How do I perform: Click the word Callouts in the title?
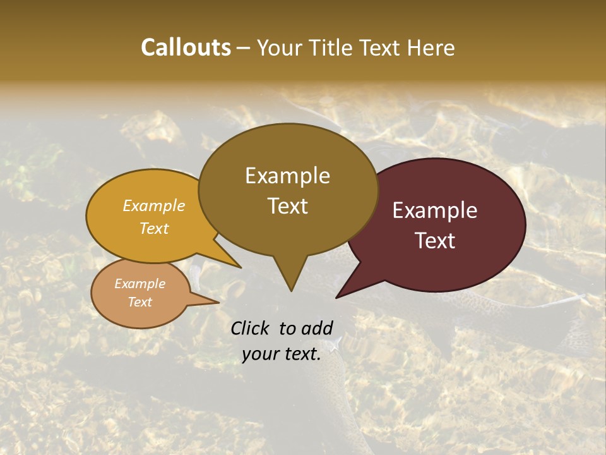(186, 47)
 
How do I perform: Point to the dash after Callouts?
(244, 48)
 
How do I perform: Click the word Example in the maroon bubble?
(435, 210)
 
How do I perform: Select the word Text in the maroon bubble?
(435, 241)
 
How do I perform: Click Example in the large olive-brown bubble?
(287, 176)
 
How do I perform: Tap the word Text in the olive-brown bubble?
(287, 206)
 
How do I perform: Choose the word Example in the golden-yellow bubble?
(154, 205)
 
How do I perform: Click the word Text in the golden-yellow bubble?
(154, 228)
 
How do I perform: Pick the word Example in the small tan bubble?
(140, 284)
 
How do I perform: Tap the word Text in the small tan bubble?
(140, 302)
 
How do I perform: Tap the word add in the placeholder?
(318, 328)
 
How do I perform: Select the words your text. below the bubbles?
(282, 354)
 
